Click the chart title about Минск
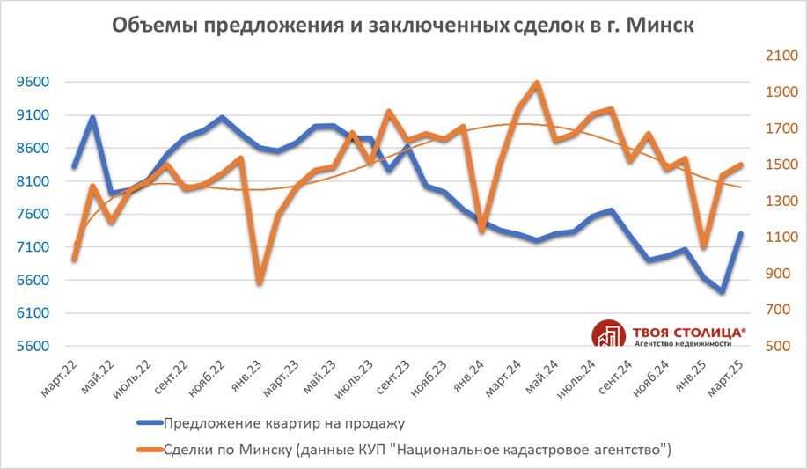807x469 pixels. pos(403,26)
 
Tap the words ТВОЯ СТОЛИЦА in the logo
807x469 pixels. pos(687,332)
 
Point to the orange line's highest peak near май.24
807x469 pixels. pos(537,83)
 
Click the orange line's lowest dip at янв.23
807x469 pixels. pos(260,282)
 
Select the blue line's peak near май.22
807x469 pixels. pos(92,117)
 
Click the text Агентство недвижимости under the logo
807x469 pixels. pos(687,344)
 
